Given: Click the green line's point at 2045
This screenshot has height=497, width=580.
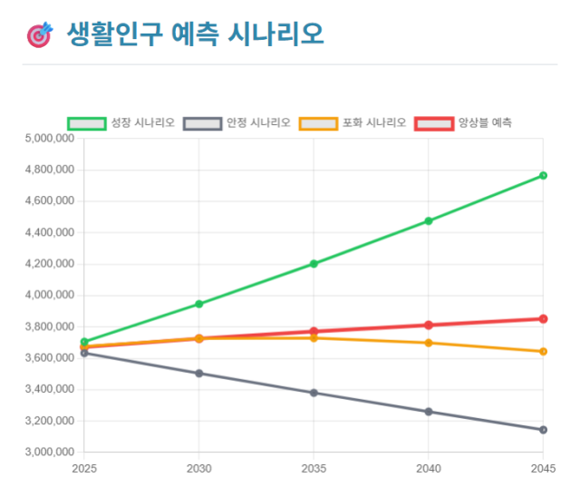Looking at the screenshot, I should (x=543, y=175).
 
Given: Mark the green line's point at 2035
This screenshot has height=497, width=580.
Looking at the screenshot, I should (x=314, y=264).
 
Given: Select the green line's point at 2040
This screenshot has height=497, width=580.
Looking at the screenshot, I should (x=429, y=220).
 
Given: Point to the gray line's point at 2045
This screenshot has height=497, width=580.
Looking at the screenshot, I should (x=543, y=430).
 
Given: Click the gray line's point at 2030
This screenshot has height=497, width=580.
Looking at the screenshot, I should (x=198, y=373).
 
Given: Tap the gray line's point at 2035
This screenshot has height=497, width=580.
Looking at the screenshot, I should (x=314, y=393).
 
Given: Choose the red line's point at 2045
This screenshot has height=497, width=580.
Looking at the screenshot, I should (x=543, y=318).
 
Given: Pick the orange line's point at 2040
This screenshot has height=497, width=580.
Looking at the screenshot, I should (x=429, y=343).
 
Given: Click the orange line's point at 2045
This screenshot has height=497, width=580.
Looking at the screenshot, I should (x=543, y=351).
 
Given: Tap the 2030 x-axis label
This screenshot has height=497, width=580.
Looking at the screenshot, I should (x=198, y=469).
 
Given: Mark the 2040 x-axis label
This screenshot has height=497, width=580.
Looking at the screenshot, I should (x=429, y=469).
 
